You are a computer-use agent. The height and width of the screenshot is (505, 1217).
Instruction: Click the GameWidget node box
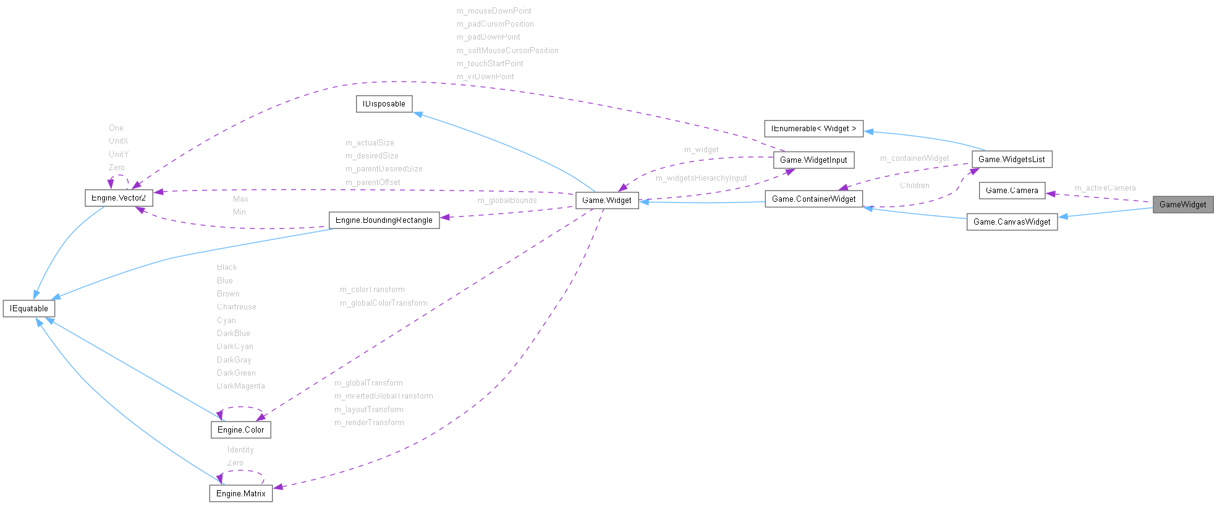[1182, 205]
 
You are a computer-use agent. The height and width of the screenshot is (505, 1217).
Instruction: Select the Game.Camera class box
[1012, 191]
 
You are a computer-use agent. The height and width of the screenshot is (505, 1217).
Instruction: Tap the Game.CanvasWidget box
[1012, 222]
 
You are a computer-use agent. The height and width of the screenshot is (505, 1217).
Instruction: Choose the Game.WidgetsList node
[1011, 160]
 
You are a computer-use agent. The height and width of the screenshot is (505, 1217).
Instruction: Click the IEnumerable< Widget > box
[813, 129]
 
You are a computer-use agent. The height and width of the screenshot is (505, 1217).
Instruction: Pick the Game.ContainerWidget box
[813, 199]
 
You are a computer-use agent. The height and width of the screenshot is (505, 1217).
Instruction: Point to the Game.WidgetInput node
[813, 160]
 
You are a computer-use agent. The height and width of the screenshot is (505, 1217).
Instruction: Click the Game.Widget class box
[606, 201]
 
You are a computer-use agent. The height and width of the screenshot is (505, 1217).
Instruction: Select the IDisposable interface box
[384, 104]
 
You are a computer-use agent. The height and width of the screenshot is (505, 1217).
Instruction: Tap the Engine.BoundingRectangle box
[384, 220]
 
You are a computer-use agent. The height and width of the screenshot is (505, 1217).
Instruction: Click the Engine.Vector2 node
[119, 198]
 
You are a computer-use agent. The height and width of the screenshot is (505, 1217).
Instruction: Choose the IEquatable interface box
[29, 309]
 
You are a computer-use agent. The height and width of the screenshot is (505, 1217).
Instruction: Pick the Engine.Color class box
[240, 430]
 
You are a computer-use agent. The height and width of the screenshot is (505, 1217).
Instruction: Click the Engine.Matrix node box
[240, 494]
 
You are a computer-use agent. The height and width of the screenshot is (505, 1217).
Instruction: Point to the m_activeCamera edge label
[1105, 188]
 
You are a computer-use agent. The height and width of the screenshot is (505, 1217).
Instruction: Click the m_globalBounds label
[507, 201]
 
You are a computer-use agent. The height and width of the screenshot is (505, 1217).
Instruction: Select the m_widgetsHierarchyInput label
[701, 178]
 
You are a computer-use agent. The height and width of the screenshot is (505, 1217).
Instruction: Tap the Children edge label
[914, 186]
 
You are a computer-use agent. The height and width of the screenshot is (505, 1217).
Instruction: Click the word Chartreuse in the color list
[236, 307]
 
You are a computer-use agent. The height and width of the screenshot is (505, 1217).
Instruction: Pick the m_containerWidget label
[914, 158]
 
